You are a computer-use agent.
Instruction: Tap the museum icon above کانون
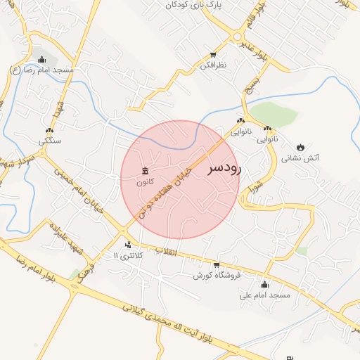[x=146, y=171]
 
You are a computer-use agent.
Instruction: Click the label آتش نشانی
[x=301, y=158]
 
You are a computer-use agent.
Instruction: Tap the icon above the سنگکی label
[x=49, y=131]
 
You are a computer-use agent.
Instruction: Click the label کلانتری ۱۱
[x=127, y=255]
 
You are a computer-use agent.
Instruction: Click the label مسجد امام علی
[x=265, y=295]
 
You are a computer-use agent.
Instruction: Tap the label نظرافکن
[x=212, y=65]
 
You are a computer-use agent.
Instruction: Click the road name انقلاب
[x=168, y=251]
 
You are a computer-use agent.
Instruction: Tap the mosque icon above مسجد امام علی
[x=264, y=285]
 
